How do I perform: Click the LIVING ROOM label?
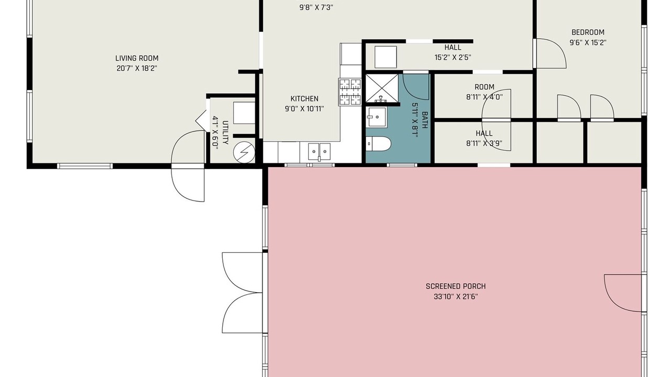[137, 58]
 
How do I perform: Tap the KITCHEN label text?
[305, 98]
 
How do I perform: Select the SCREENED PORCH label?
[456, 286]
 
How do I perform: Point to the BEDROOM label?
[588, 32]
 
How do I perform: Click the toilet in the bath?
[378, 144]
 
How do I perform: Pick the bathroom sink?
[376, 117]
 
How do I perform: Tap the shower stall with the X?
[382, 88]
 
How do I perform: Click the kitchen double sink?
[319, 151]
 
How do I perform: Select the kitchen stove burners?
[350, 92]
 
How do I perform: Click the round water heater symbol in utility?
[244, 152]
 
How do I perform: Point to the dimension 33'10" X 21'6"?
[456, 297]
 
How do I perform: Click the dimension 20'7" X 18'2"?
[137, 69]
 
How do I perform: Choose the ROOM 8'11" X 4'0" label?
[484, 92]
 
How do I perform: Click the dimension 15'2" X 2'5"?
[453, 58]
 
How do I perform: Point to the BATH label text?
[425, 120]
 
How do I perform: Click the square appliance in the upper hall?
[386, 57]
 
